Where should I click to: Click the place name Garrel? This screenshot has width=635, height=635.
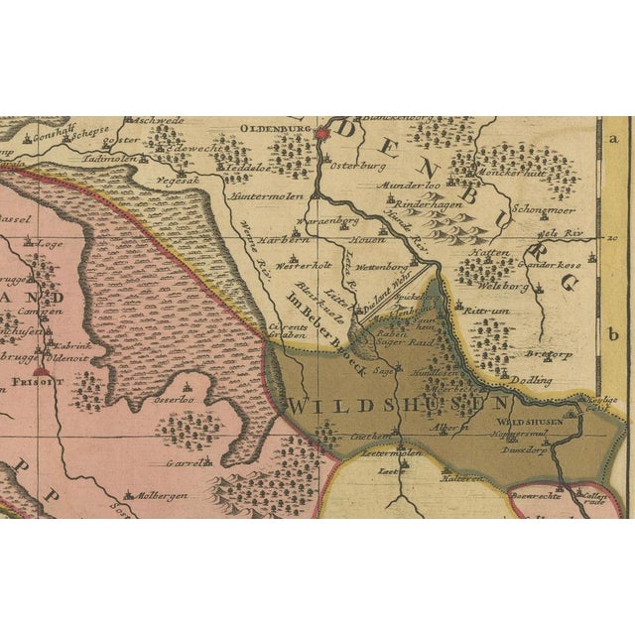(185, 461)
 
